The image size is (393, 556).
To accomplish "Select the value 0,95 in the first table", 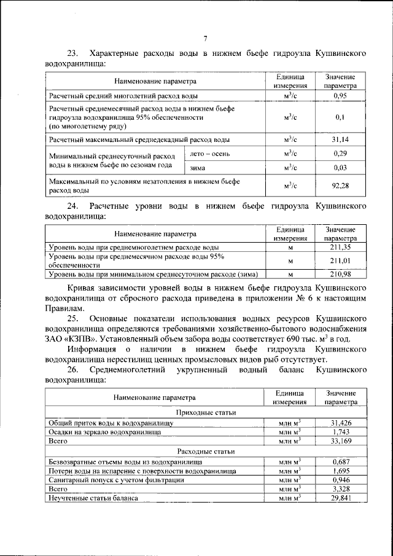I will [x=340, y=96].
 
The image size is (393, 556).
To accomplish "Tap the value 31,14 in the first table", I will [x=340, y=139].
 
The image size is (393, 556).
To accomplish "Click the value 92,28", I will [x=340, y=186].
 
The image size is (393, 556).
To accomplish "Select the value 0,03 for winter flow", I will [x=340, y=167].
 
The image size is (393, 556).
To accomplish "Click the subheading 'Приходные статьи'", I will [x=206, y=413].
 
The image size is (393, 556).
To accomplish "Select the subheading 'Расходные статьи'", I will [x=206, y=451].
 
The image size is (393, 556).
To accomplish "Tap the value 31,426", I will [x=340, y=423].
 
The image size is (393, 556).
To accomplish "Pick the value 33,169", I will [x=340, y=441].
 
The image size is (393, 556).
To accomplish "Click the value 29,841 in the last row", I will [x=340, y=498].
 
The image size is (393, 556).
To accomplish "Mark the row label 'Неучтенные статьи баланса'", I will [x=93, y=498].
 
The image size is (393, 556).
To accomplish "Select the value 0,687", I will [x=340, y=461].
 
